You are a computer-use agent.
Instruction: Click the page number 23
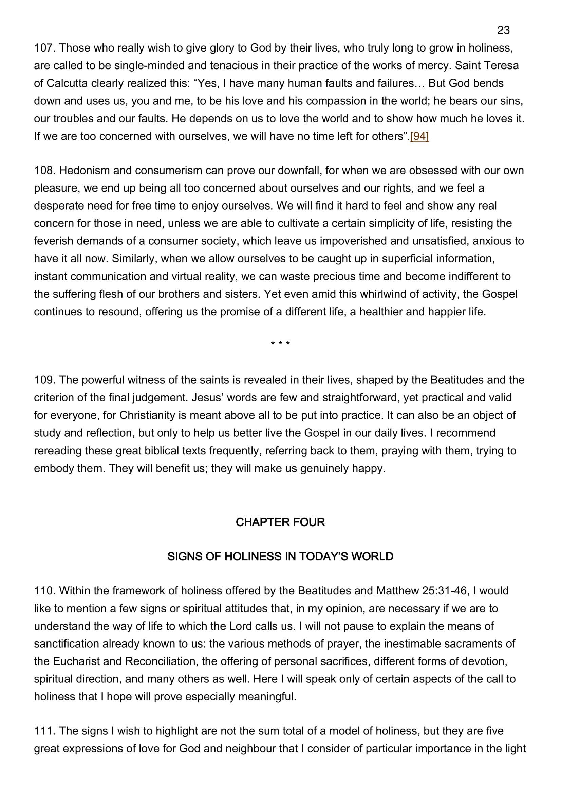503,31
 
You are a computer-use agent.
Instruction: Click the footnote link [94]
419,136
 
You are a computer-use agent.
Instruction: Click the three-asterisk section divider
280,344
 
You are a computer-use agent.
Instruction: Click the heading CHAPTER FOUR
280,522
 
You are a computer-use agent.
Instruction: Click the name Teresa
503,66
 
